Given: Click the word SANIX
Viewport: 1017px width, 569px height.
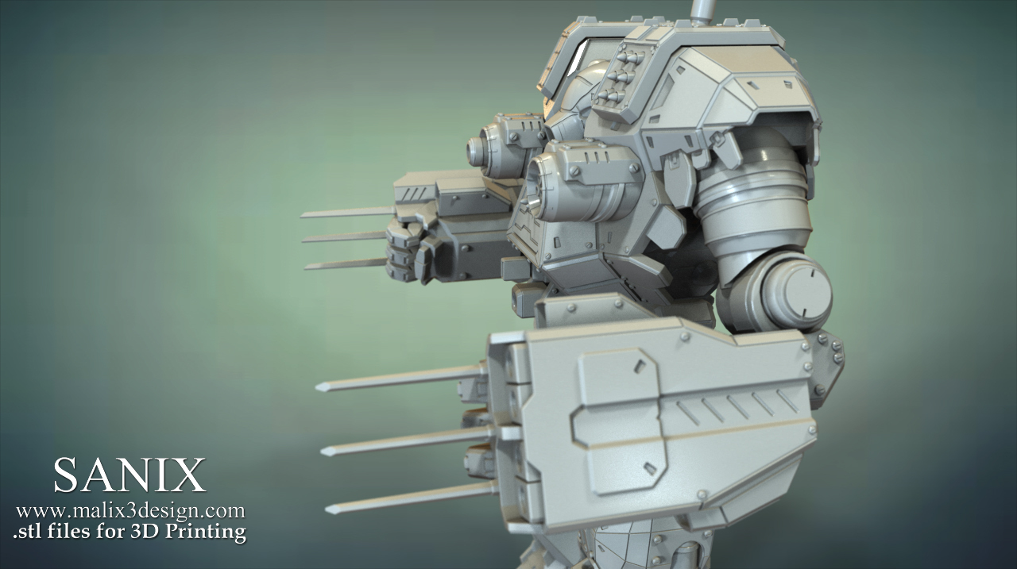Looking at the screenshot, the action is pos(130,475).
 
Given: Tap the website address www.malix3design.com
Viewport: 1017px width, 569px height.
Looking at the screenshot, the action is pos(131,511).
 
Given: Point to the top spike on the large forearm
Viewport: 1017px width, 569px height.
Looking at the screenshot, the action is pos(400,379).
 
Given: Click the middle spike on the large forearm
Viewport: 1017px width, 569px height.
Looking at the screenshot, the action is pos(406,441).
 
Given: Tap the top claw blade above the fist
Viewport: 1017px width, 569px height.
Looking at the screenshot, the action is pos(348,212).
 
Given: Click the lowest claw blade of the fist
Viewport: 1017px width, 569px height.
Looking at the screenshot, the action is pos(346,264).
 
